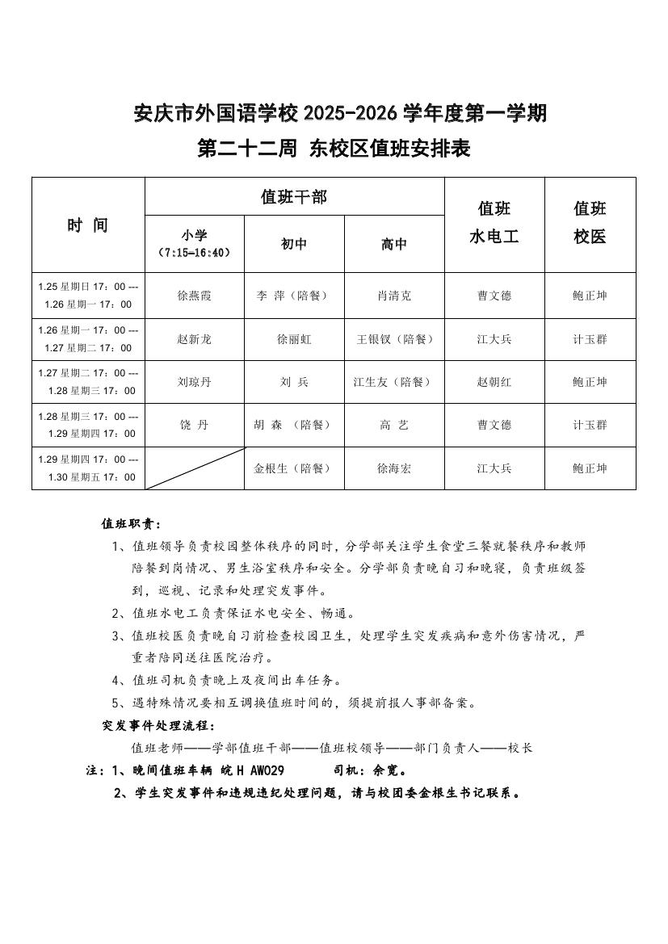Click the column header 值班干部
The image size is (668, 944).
[x=294, y=196]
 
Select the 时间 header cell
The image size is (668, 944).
[x=87, y=225]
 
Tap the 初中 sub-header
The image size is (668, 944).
[x=294, y=244]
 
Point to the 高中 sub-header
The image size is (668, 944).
[x=394, y=244]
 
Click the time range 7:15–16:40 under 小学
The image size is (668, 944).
[x=194, y=253]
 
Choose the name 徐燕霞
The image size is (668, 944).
[x=194, y=296]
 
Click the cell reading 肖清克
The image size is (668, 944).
[x=394, y=296]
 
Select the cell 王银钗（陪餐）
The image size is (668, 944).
[x=394, y=339]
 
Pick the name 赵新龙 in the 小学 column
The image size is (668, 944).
[x=194, y=339]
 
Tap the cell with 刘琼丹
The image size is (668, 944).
[x=194, y=382]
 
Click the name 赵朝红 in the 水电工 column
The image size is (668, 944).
[x=494, y=382]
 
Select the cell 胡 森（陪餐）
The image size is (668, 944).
[x=294, y=425]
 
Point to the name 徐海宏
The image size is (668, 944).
[x=394, y=468]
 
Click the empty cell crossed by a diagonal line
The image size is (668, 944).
[x=194, y=468]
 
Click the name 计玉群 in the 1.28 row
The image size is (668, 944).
[x=590, y=425]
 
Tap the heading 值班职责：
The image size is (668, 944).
[x=131, y=523]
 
